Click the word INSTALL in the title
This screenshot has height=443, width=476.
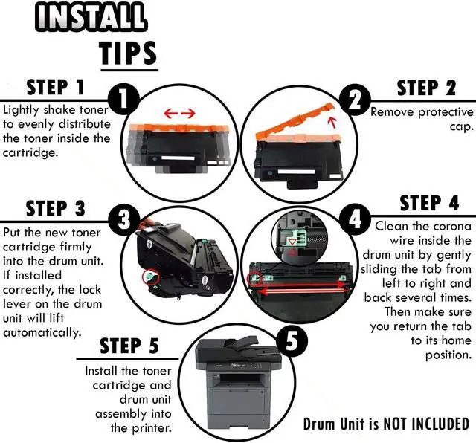pos(91,16)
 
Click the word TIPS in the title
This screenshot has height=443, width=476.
pos(129,53)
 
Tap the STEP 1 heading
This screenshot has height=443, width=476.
pos(55,87)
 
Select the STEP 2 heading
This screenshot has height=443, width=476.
pos(426,88)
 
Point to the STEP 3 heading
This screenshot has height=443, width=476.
pos(56,208)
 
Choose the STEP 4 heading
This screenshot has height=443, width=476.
pos(429,203)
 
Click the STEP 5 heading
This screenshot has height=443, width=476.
pos(129,346)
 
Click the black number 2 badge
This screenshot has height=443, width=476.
pos(355,100)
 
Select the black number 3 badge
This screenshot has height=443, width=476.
pos(124,219)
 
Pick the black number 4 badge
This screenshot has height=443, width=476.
pos(355,219)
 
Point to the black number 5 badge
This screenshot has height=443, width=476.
pos(292,341)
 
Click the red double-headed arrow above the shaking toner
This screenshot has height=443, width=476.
pos(179,114)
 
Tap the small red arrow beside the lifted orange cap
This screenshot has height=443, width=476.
pos(332,123)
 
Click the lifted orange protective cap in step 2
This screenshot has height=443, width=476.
pos(295,121)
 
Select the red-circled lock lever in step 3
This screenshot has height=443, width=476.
pos(151,277)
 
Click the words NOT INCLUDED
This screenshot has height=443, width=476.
pos(426,424)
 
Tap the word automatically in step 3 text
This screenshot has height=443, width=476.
pos(42,332)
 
